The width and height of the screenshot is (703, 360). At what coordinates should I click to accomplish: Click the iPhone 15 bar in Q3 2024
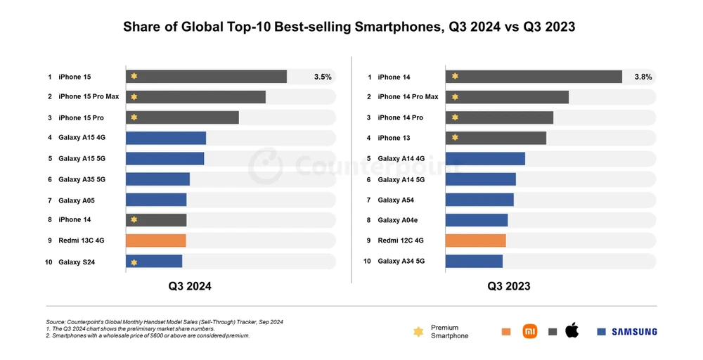[206, 77]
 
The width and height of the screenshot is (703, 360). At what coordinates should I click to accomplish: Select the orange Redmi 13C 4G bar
[155, 240]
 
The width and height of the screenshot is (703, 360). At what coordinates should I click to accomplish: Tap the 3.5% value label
[323, 77]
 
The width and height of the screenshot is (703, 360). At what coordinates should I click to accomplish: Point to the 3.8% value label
[643, 77]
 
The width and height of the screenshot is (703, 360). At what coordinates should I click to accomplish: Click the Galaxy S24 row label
[77, 262]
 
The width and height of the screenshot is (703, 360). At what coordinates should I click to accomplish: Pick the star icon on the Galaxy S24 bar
[134, 262]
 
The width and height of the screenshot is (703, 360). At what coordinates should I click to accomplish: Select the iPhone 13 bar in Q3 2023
[496, 138]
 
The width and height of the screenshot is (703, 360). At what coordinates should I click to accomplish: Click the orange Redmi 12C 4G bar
[475, 240]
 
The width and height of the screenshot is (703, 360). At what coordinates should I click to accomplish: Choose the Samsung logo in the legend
[633, 332]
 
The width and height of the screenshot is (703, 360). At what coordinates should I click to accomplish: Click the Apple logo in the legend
[572, 331]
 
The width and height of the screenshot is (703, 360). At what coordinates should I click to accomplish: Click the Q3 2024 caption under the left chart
[189, 286]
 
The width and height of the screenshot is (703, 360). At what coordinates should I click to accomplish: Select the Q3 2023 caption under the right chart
[509, 286]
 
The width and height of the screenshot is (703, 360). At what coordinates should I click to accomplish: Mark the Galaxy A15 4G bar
[166, 138]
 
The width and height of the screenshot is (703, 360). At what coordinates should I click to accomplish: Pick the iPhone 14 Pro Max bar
[507, 97]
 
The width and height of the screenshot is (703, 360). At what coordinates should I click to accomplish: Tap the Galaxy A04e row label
[398, 221]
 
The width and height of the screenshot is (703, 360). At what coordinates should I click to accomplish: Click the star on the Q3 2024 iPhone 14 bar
[134, 220]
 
